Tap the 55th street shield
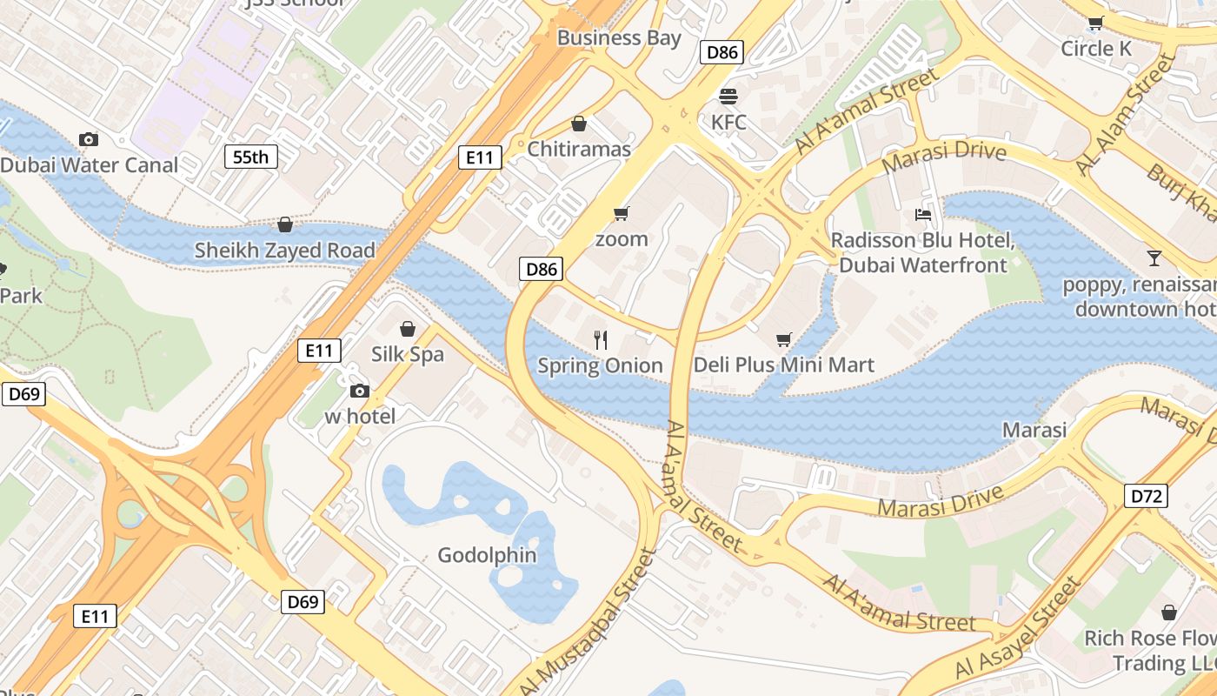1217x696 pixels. pyautogui.click(x=250, y=157)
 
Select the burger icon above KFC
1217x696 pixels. pyautogui.click(x=728, y=96)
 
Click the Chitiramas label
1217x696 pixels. pyautogui.click(x=579, y=149)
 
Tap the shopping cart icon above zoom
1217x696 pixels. pyautogui.click(x=621, y=213)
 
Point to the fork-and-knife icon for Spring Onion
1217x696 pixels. pyautogui.click(x=600, y=339)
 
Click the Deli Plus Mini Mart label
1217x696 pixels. pyautogui.click(x=783, y=365)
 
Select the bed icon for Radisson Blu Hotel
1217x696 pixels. pyautogui.click(x=922, y=214)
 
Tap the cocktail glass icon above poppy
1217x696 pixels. pyautogui.click(x=1154, y=258)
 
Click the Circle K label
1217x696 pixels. pyautogui.click(x=1096, y=49)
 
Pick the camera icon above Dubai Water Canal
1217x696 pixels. pyautogui.click(x=88, y=139)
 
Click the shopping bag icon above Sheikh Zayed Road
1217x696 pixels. pyautogui.click(x=284, y=224)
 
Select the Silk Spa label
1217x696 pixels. pyautogui.click(x=407, y=354)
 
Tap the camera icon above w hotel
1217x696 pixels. pyautogui.click(x=359, y=391)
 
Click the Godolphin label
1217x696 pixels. pyautogui.click(x=487, y=555)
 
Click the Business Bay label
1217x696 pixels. pyautogui.click(x=619, y=37)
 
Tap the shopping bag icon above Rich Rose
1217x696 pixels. pyautogui.click(x=1168, y=612)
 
